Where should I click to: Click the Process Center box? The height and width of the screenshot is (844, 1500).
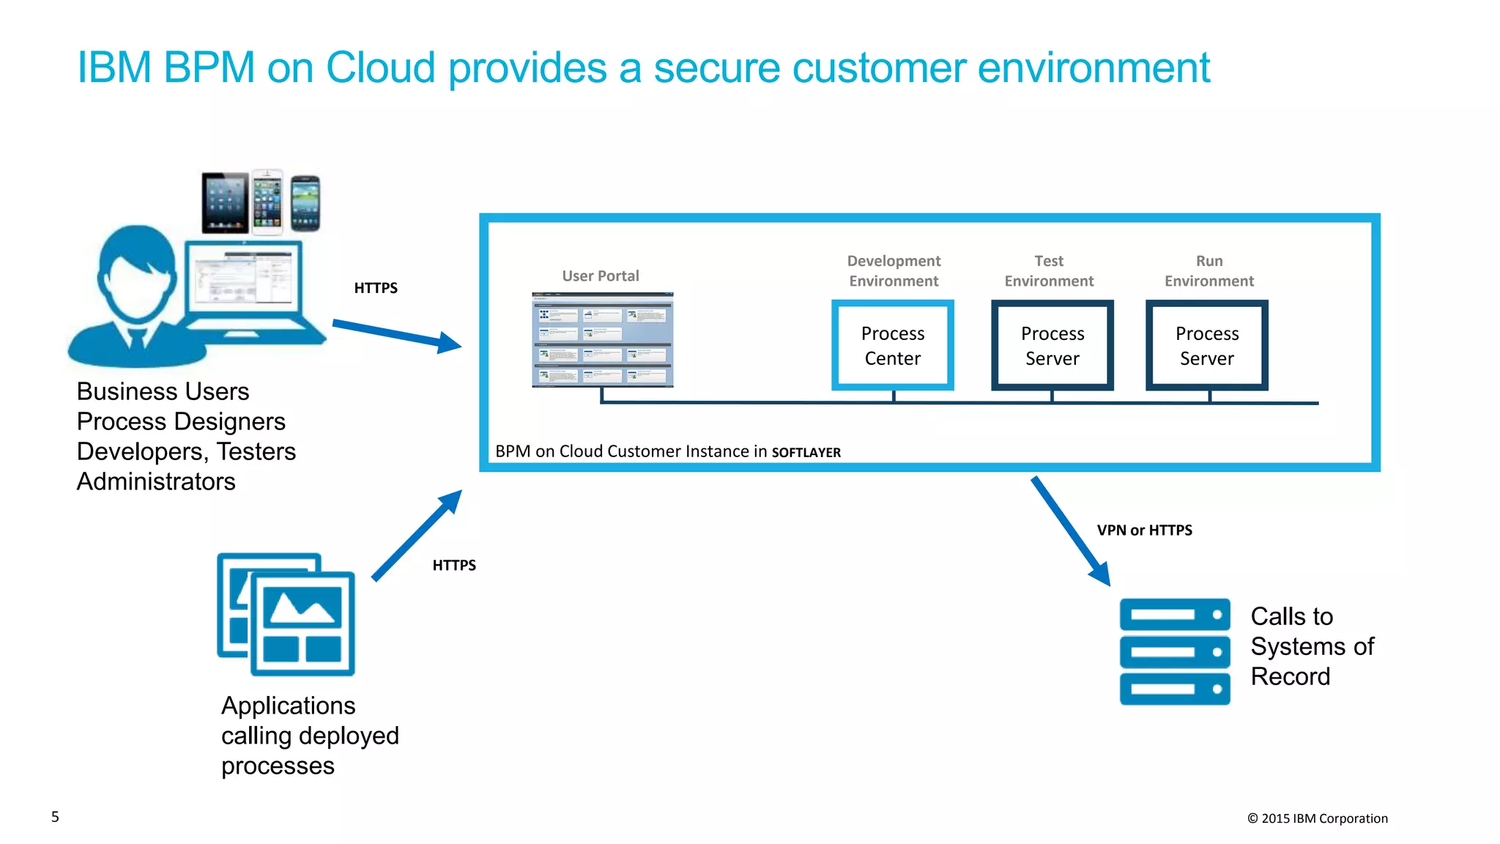[892, 345]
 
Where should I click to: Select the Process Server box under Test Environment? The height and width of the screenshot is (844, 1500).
[1052, 345]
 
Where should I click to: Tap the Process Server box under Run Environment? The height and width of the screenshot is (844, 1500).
[1206, 345]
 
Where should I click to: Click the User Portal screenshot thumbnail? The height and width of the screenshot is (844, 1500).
[602, 339]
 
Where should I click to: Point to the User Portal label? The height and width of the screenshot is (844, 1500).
[600, 276]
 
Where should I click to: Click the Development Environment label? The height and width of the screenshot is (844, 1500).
[894, 271]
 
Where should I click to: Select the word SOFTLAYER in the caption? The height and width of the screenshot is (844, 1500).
[806, 453]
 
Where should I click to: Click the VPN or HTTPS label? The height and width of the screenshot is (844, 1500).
[1144, 530]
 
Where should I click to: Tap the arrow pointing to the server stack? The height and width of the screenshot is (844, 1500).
[1070, 531]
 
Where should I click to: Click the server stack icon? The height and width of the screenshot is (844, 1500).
[1174, 651]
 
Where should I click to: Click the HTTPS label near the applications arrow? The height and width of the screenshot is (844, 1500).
[454, 566]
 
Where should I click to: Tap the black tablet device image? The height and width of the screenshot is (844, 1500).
[225, 202]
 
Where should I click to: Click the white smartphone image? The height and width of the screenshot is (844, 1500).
[267, 201]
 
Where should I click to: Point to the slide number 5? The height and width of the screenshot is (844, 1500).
[55, 817]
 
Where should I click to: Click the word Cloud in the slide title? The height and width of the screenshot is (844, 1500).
[380, 67]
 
